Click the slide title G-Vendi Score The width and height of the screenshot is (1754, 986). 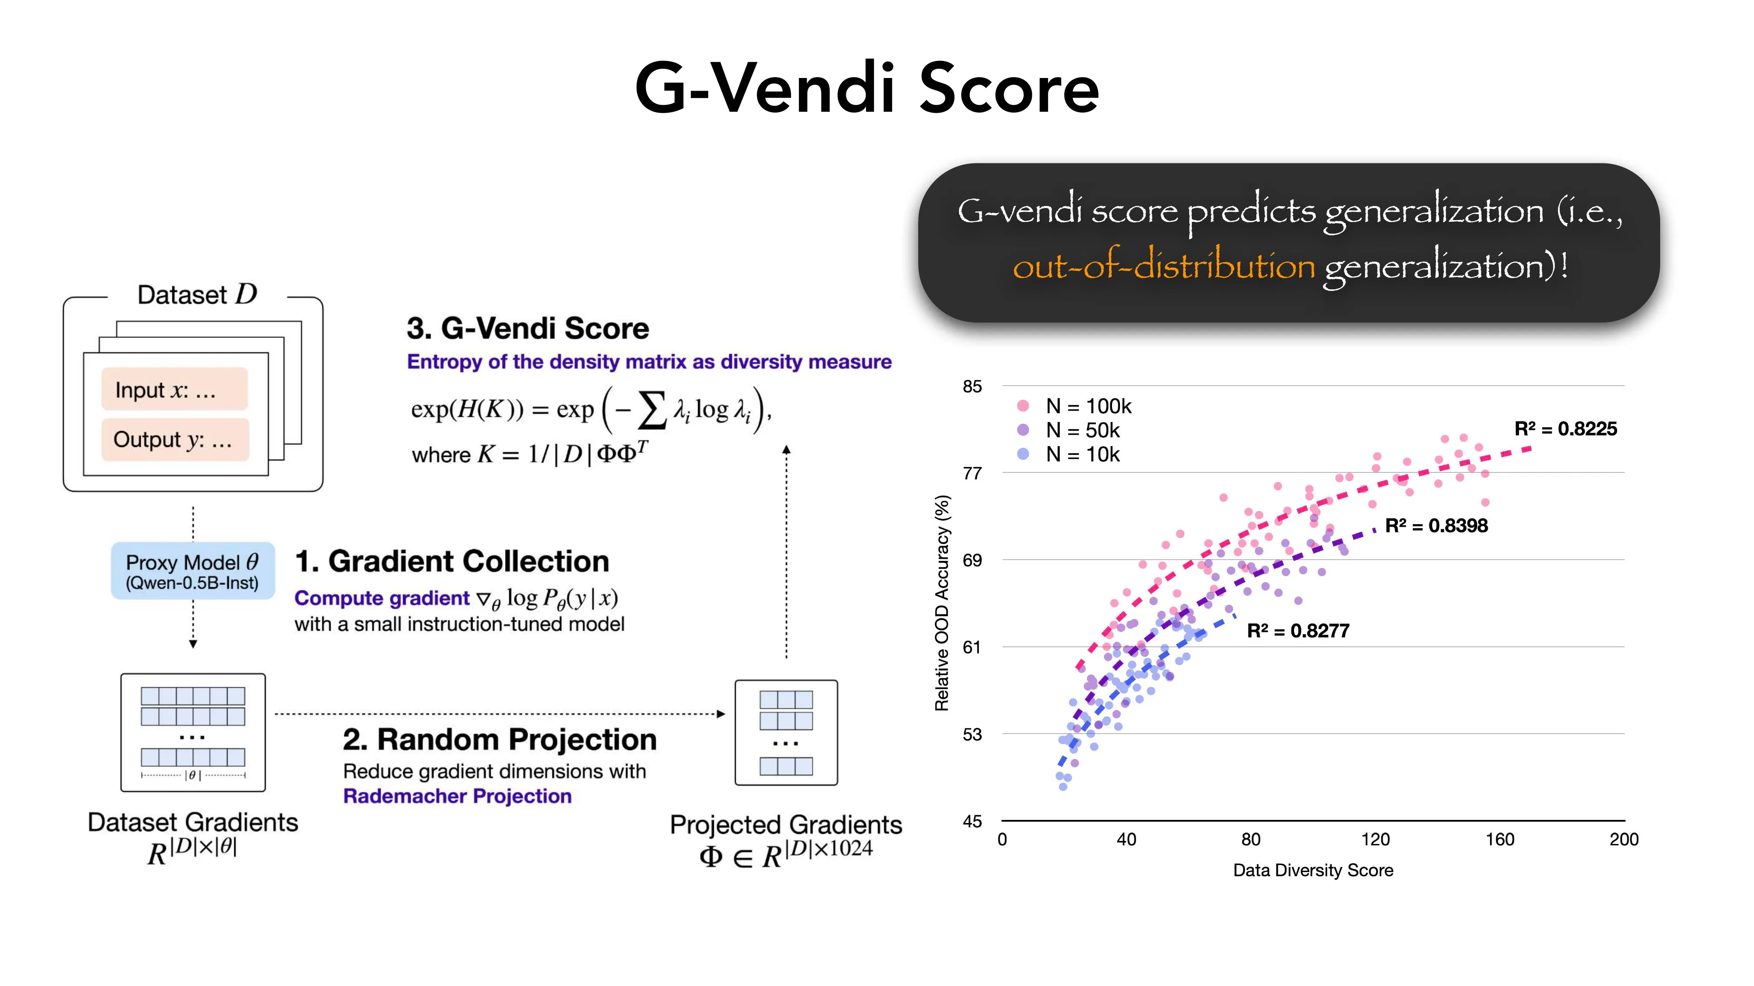coord(867,89)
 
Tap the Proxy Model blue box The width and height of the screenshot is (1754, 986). coord(193,571)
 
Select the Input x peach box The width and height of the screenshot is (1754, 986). coord(175,389)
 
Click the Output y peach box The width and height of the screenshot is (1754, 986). coord(175,440)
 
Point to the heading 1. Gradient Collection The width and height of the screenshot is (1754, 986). coord(452,561)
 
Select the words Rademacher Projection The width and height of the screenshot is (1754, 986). coord(457,796)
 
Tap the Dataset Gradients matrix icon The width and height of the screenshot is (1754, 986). coord(193,732)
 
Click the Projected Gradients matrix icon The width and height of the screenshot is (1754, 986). coord(786,732)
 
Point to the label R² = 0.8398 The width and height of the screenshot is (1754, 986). coord(1436,525)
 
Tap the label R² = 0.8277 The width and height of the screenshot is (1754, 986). coord(1298,631)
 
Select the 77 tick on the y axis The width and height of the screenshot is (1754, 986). coord(972,473)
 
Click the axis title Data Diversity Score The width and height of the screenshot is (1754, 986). coord(1313,870)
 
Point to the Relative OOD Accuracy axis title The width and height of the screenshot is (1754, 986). coord(942,603)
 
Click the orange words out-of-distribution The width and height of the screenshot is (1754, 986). coord(1164,266)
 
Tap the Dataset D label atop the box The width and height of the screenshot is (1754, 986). coord(197,294)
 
